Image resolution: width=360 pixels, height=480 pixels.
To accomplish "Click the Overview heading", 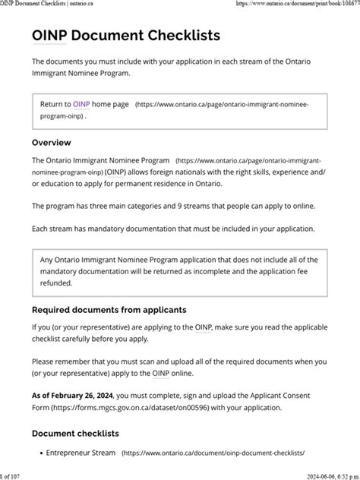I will pos(51,142).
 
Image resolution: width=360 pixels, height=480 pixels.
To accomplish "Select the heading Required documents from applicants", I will pos(108,309).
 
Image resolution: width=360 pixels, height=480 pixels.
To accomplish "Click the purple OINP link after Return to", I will pos(81,103).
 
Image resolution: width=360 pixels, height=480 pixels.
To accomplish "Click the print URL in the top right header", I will pos(297,4).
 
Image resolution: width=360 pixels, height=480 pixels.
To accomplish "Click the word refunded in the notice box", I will pos(56,283).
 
